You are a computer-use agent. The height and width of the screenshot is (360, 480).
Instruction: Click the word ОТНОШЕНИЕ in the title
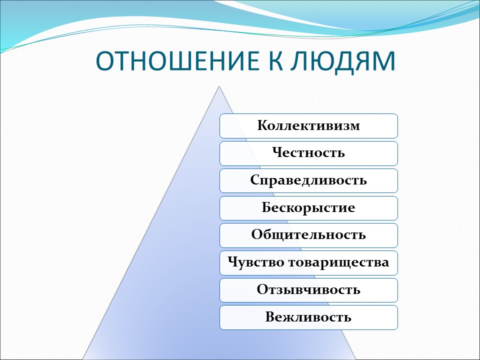coord(175,60)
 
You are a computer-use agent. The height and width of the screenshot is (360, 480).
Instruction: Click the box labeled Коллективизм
coord(308,125)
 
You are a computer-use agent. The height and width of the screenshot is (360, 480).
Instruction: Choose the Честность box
coord(308,153)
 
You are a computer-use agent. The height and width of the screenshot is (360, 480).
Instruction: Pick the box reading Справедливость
coord(308,180)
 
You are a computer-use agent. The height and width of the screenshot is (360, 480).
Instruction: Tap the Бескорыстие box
coord(308,208)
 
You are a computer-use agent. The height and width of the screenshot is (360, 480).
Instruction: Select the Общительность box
coord(308,235)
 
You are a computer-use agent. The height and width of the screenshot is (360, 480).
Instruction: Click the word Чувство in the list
coord(255,262)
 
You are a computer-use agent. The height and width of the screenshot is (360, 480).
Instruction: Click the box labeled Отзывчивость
coord(308,290)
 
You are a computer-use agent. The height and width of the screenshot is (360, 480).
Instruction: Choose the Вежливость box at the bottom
coord(308,317)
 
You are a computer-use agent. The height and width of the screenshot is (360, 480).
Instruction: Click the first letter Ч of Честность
coord(276,153)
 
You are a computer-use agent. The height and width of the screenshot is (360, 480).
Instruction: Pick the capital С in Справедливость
coord(254,180)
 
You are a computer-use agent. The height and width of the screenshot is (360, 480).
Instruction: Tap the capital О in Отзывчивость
coord(262,290)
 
